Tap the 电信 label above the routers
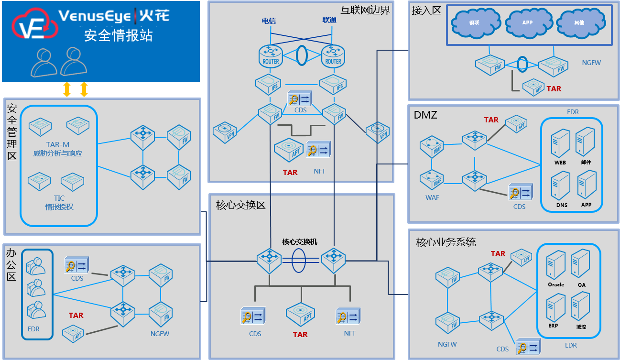pos(269,21)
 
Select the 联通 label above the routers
pos(329,20)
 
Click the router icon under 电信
pos(271,55)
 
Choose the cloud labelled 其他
pos(578,22)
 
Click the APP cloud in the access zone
pos(527,22)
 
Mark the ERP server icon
pos(555,308)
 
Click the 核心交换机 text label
pos(300,242)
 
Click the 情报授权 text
pos(59,207)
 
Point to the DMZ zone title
pos(425,115)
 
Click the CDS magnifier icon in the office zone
pos(77,266)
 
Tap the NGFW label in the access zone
pos(591,63)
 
